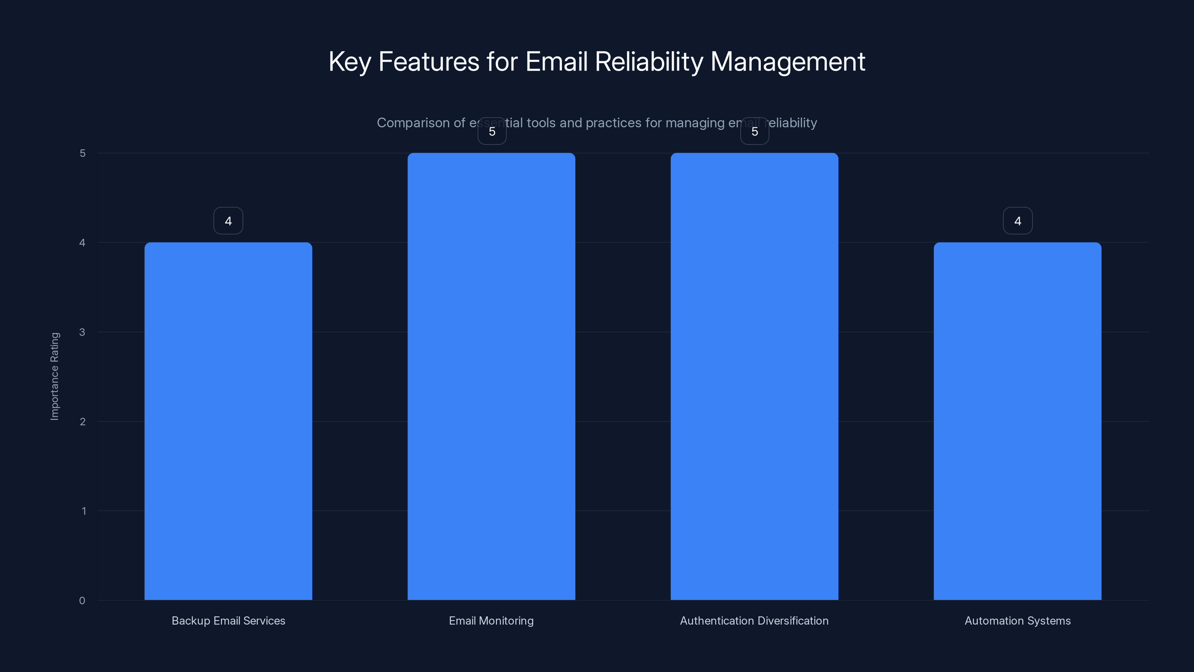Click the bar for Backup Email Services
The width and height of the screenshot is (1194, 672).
coord(228,421)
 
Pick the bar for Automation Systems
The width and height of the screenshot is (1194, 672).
coord(1018,421)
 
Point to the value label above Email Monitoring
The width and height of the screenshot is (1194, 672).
coord(492,132)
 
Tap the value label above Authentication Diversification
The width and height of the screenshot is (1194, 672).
coord(754,132)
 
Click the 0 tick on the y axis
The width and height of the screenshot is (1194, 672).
coord(82,601)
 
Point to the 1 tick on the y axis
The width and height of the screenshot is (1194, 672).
coord(84,511)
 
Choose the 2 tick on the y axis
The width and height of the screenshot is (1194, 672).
coord(82,421)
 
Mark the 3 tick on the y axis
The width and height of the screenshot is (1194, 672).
coord(82,332)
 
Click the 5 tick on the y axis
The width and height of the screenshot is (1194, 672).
coord(82,153)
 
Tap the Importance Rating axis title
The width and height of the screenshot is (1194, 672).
coord(55,376)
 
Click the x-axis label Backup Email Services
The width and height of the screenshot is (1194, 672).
coord(228,621)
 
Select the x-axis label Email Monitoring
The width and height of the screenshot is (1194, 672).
coord(491,621)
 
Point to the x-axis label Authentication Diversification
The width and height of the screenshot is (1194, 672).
coord(754,621)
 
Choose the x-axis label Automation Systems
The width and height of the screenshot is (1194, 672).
coord(1018,621)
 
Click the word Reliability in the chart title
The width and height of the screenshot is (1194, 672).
coord(649,62)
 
